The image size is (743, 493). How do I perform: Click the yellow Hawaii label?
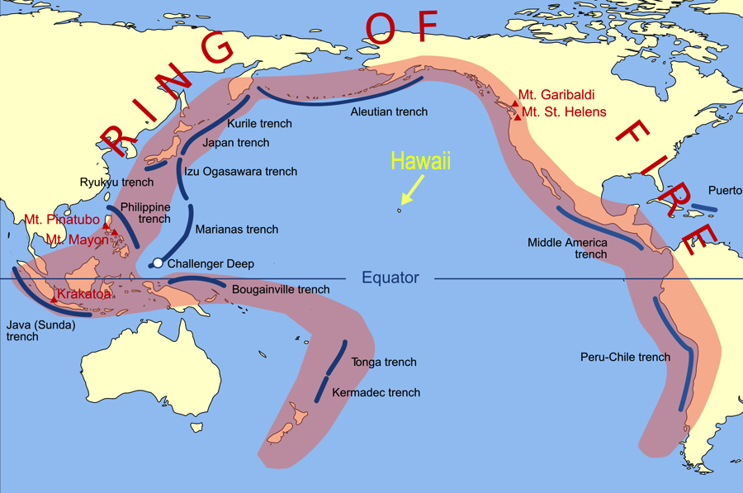[421, 162]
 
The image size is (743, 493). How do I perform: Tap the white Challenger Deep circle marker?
[158, 263]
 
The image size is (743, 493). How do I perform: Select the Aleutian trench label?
[389, 111]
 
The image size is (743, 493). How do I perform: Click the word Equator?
[390, 278]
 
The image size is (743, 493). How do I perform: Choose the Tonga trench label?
[384, 363]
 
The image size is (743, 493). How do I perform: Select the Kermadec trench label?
[376, 393]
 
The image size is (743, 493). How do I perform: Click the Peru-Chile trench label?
[626, 358]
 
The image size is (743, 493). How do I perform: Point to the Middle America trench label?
[568, 248]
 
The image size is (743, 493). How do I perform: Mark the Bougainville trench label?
[281, 290]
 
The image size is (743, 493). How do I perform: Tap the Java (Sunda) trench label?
[40, 330]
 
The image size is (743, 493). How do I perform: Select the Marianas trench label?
[237, 230]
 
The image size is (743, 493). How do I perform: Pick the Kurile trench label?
[259, 124]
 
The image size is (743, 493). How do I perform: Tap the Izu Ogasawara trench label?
[240, 172]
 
